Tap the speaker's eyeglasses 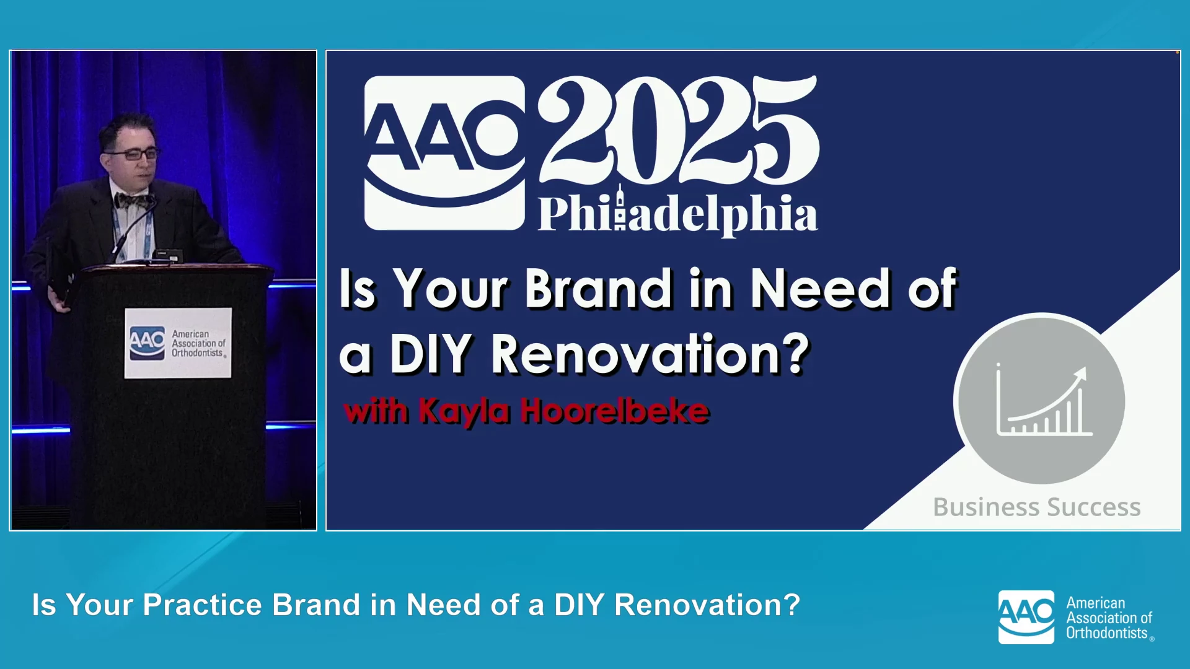point(133,154)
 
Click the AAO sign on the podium point(178,343)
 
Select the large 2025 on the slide point(678,129)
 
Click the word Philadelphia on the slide point(678,212)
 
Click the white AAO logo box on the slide point(444,153)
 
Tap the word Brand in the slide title point(599,288)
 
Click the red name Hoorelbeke point(615,411)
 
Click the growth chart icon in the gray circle point(1044,401)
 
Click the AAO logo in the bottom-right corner point(1026,617)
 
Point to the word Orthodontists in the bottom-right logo point(1108,633)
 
